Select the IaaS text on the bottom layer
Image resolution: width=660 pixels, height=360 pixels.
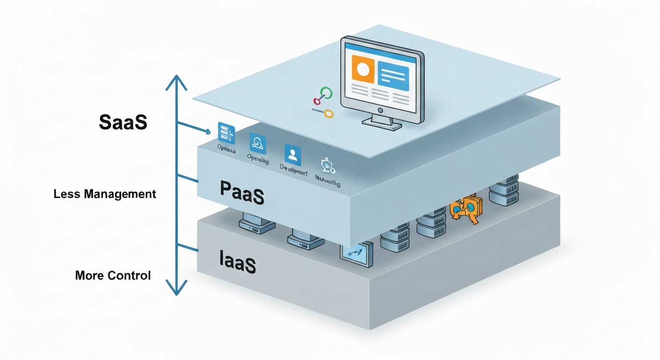coord(238,262)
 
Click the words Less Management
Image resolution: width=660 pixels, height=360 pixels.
coord(105,194)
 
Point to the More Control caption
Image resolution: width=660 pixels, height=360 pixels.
coord(113,275)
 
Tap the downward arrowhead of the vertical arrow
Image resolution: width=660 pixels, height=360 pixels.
coord(176,288)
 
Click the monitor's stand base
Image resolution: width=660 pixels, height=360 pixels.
coord(382,123)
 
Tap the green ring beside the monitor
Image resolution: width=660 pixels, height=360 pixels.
coord(326,93)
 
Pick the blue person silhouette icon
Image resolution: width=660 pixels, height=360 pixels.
coord(293,153)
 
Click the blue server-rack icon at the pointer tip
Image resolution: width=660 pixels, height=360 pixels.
coord(226,132)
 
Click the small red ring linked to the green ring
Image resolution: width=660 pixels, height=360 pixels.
coord(317,100)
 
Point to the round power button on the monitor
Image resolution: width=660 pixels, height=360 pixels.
coord(380,110)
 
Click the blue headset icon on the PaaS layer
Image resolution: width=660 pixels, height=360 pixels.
coord(258,142)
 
